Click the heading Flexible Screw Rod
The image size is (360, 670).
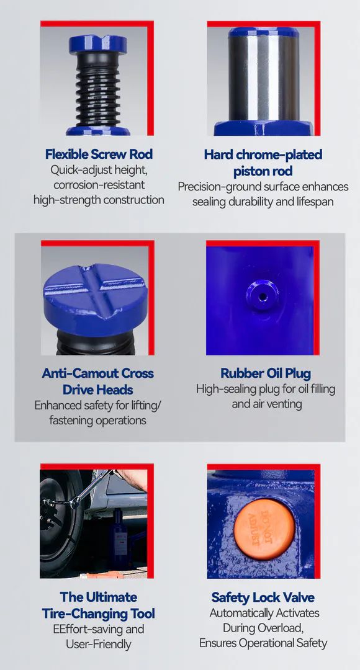pyautogui.click(x=99, y=154)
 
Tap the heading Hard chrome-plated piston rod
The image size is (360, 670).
pyautogui.click(x=263, y=163)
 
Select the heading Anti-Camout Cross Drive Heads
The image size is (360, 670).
pyautogui.click(x=97, y=381)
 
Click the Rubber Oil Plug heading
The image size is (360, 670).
pyautogui.click(x=266, y=373)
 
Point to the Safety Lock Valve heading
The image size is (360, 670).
pyautogui.click(x=263, y=597)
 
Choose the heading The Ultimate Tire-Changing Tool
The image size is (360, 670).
pyautogui.click(x=98, y=605)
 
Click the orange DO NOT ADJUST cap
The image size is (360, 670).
pyautogui.click(x=264, y=529)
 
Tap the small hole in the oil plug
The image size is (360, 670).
pyautogui.click(x=263, y=296)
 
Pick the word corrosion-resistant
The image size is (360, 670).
pyautogui.click(x=99, y=185)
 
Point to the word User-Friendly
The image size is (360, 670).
pyautogui.click(x=98, y=644)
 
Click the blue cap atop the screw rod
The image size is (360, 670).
pyautogui.click(x=98, y=44)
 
